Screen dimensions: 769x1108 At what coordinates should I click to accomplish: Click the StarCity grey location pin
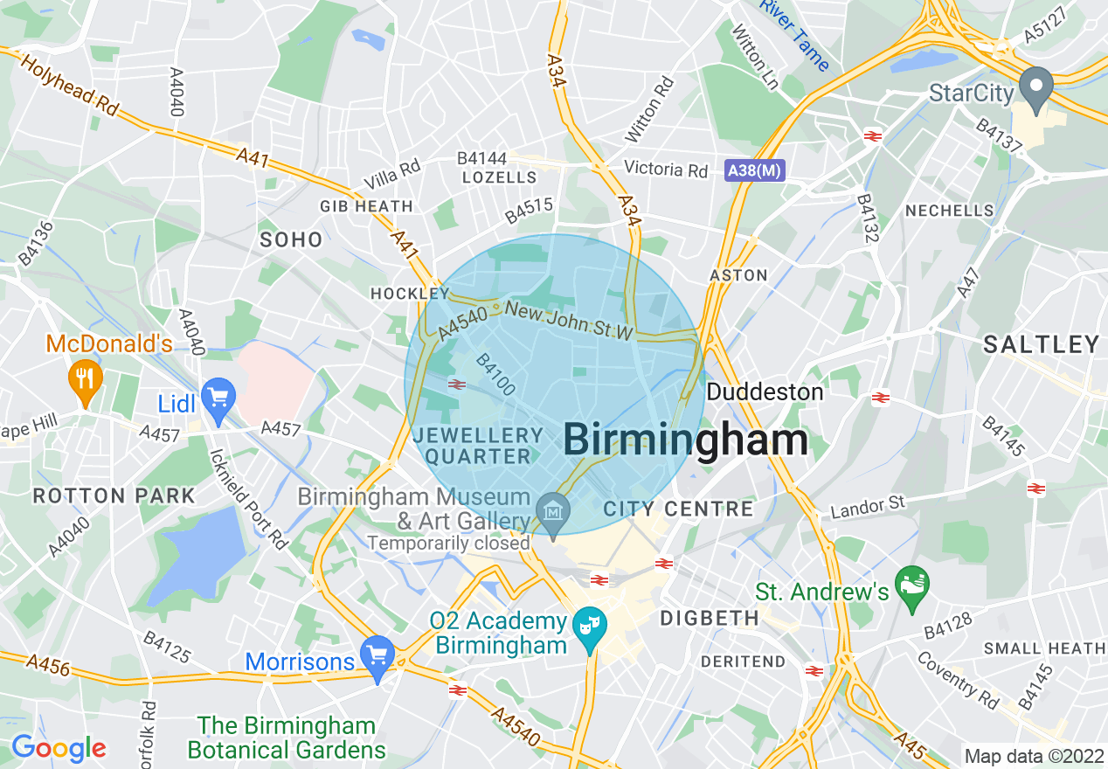1036,88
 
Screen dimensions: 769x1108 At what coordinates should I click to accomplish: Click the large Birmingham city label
686,440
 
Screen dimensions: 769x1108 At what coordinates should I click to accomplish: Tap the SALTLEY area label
1041,344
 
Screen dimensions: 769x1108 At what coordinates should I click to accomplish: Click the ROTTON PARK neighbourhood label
114,496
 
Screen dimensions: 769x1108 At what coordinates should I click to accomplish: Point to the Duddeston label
765,391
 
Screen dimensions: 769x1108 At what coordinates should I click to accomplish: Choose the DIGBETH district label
710,619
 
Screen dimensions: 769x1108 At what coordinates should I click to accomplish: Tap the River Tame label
794,35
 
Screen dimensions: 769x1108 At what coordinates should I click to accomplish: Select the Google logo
59,748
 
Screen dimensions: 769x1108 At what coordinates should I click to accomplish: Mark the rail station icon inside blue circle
455,384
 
